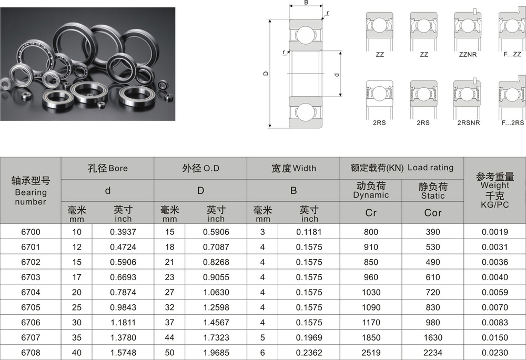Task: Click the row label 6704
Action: [x=31, y=292]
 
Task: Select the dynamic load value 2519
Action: [x=371, y=353]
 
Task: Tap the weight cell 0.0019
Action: [x=495, y=232]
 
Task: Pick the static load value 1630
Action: [x=433, y=337]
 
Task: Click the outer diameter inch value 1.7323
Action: [x=216, y=337]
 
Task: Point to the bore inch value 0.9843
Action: [x=123, y=307]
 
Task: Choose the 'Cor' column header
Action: [x=433, y=213]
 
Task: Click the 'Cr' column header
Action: [x=371, y=213]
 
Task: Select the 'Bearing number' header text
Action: [x=31, y=197]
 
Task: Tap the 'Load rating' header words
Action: [x=430, y=168]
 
